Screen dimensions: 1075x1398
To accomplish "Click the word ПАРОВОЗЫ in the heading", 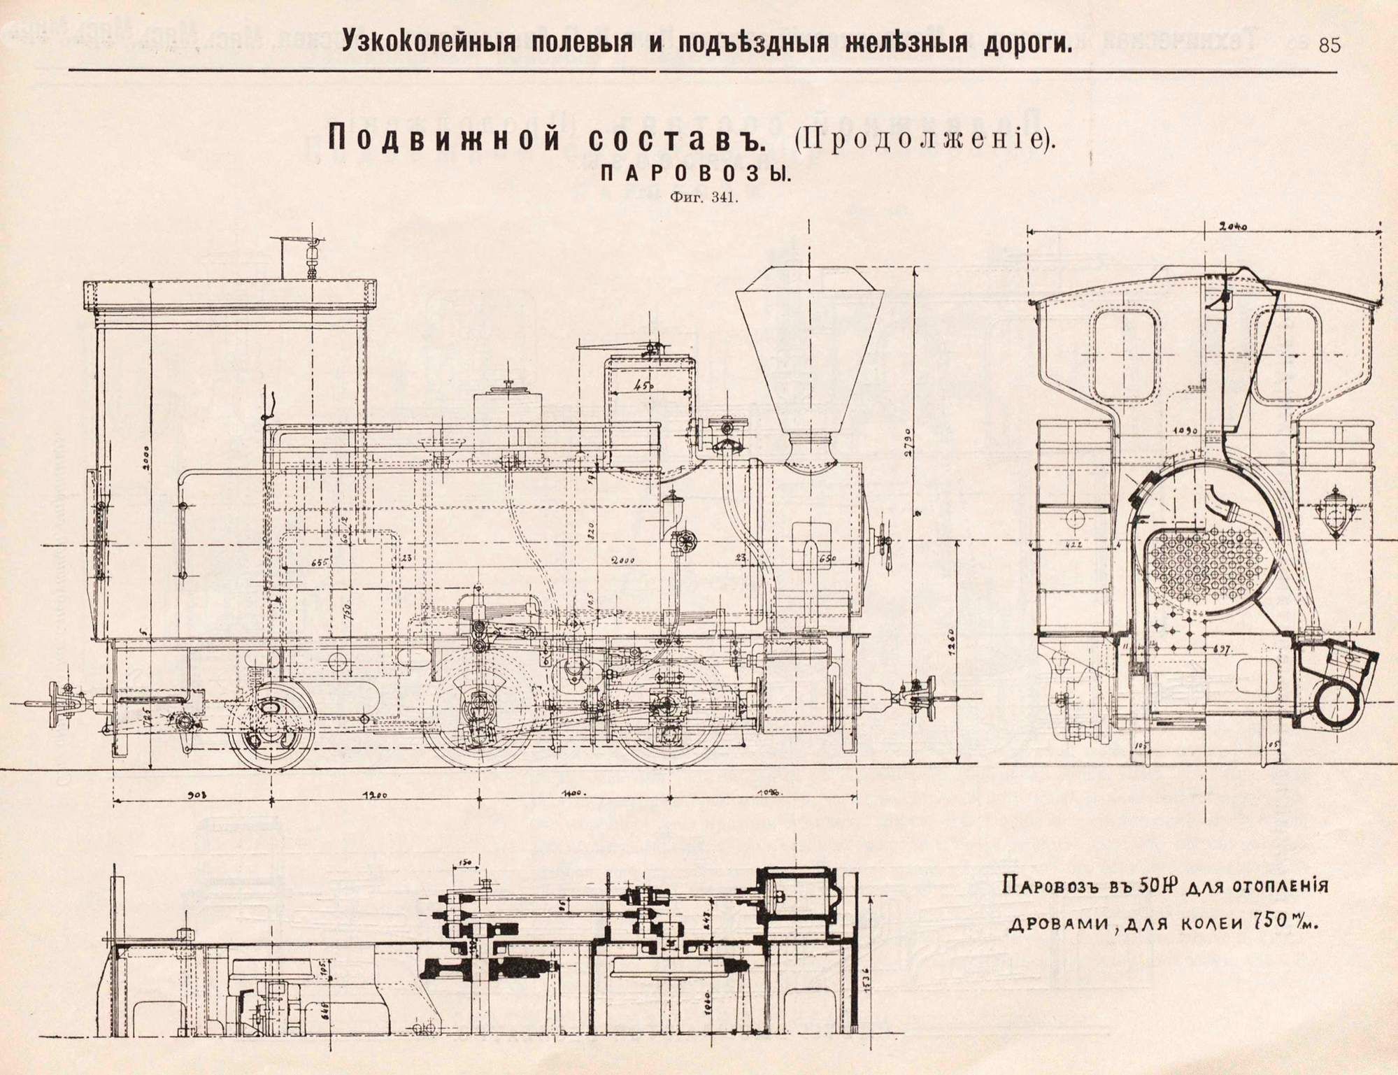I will [x=696, y=176].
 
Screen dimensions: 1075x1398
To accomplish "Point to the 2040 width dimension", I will [x=1234, y=227].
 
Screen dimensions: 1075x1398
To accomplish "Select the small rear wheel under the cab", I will [x=271, y=727].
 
